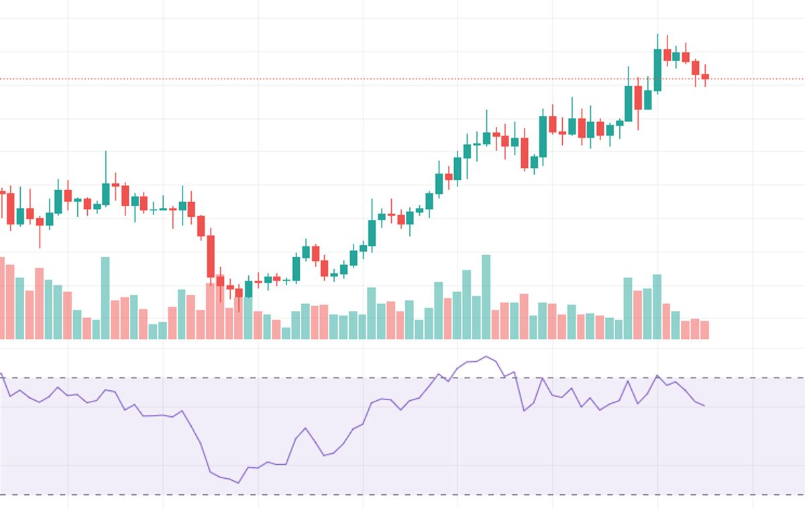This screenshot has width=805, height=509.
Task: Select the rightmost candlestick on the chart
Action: click(705, 77)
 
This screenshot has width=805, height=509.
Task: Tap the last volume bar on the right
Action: click(705, 330)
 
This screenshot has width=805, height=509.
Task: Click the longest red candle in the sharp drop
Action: click(211, 256)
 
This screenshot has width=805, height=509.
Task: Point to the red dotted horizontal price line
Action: click(402, 79)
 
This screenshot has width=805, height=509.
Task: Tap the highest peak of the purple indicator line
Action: click(486, 357)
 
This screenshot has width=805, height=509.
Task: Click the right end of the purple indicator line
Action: click(704, 406)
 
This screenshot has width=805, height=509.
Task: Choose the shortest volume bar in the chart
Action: click(286, 333)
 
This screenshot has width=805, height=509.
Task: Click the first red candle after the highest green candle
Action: click(667, 54)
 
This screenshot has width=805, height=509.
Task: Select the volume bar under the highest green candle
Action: click(657, 306)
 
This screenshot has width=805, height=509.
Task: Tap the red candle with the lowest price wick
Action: click(239, 293)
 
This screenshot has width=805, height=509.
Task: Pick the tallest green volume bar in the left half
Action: click(105, 297)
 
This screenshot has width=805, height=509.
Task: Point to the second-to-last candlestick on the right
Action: click(696, 68)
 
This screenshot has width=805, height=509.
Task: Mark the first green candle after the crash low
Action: click(249, 289)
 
